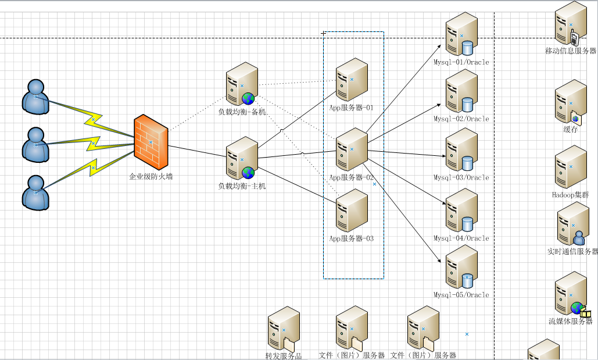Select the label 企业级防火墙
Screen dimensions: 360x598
point(151,177)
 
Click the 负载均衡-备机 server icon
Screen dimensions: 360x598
point(241,84)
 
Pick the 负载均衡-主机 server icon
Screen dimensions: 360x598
point(241,159)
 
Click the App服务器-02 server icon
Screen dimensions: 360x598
point(352,150)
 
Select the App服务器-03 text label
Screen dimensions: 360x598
point(352,238)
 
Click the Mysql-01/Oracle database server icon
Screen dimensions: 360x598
point(461,35)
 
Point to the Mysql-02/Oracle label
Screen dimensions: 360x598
point(461,119)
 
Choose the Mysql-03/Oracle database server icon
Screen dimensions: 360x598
point(461,151)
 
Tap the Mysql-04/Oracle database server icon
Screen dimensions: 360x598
point(461,211)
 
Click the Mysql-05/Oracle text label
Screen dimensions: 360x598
point(461,295)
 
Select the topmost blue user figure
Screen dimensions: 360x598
point(35,97)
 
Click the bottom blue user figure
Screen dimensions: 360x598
point(35,192)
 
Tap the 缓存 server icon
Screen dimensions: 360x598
point(570,102)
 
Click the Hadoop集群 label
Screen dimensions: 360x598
point(570,195)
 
